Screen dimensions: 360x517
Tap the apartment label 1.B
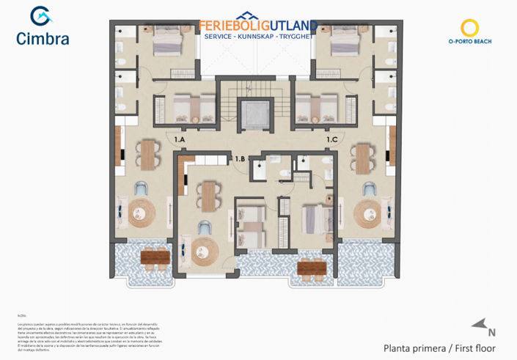[240, 158]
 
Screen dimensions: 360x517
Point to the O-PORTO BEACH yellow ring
[469, 28]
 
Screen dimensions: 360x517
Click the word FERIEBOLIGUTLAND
[257, 26]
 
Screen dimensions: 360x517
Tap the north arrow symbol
[479, 323]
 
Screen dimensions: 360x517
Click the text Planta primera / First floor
[439, 348]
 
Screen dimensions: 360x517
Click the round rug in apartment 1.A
[142, 214]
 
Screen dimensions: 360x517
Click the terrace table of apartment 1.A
[155, 257]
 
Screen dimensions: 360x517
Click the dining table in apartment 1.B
[210, 196]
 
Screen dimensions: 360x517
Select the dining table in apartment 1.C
[363, 157]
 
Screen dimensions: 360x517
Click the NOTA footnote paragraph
[88, 334]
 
